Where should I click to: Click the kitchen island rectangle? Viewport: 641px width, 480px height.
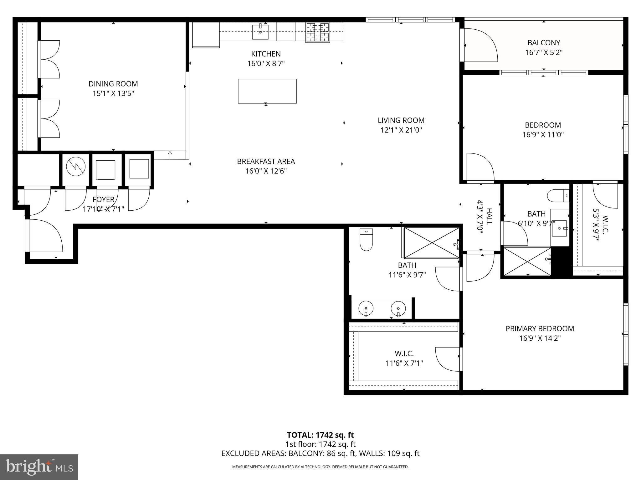(267, 91)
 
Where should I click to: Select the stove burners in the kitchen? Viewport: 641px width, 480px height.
(318, 32)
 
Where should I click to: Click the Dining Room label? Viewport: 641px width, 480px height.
(113, 84)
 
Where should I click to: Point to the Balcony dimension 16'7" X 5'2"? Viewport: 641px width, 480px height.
(544, 52)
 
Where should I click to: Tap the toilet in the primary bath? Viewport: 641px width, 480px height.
(366, 240)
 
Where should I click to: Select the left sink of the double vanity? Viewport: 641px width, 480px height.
(366, 309)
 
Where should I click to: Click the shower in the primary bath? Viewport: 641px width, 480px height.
(431, 243)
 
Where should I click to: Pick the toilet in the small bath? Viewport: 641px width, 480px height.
(557, 196)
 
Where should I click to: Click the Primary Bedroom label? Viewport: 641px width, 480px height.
(540, 328)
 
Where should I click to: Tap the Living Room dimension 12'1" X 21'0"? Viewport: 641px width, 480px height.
(401, 130)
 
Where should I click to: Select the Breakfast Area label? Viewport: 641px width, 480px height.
(266, 161)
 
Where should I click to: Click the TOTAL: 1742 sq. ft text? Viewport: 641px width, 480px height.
(320, 435)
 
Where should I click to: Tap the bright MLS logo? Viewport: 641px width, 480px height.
(39, 467)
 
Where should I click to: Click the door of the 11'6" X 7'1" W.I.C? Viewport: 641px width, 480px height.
(448, 359)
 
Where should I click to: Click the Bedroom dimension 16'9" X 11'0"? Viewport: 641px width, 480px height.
(543, 135)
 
